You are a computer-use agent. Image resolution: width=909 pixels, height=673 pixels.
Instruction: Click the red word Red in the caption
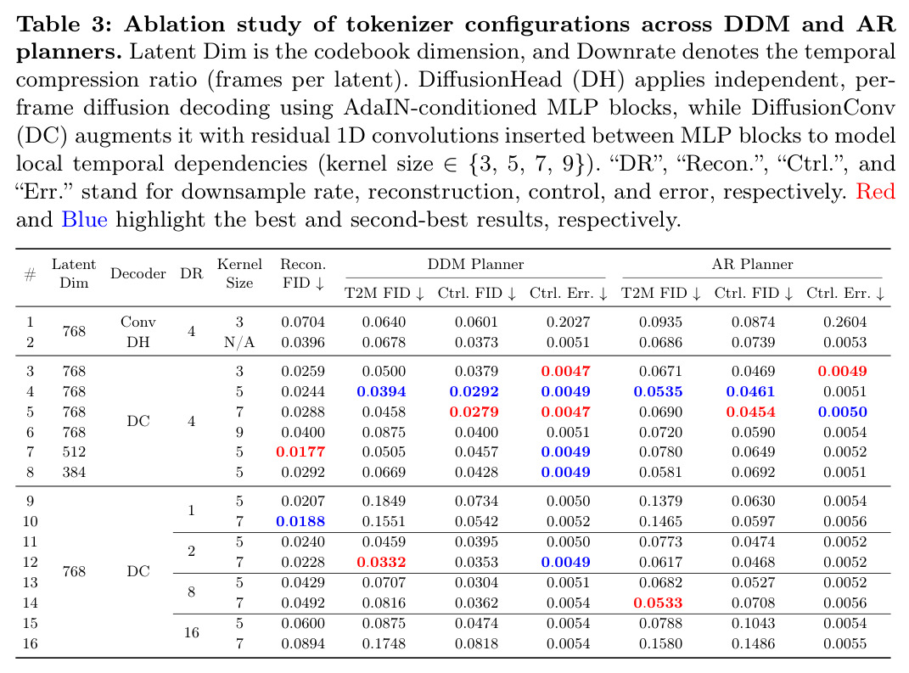click(875, 191)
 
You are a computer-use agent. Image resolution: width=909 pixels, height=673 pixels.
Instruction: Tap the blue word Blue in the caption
click(85, 219)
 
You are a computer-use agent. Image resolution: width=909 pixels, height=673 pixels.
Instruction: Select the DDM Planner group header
click(475, 264)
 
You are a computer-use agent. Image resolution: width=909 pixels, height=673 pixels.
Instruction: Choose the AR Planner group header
click(753, 264)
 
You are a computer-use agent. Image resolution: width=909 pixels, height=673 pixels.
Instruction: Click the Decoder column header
click(138, 273)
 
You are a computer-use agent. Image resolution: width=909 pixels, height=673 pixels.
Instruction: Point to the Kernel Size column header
click(239, 273)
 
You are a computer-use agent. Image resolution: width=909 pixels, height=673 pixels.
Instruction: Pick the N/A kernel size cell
click(239, 343)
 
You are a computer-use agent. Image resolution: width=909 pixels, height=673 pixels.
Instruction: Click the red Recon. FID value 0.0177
click(300, 451)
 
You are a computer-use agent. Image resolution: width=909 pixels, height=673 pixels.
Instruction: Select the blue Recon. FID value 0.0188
click(300, 521)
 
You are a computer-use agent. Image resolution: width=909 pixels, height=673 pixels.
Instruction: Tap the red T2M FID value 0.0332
click(381, 562)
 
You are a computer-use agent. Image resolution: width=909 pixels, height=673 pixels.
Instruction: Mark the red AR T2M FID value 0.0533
click(658, 603)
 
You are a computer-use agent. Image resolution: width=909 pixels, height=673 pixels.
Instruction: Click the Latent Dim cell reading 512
click(74, 451)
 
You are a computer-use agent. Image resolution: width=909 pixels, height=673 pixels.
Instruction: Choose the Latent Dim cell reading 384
click(74, 473)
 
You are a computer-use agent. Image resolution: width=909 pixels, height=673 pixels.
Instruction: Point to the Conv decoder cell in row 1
click(138, 322)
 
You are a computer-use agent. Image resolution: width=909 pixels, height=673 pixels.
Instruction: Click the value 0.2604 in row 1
click(845, 322)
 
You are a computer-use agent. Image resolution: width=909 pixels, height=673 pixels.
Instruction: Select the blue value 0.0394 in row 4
click(381, 391)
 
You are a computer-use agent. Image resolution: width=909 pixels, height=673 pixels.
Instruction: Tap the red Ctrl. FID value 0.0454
click(751, 412)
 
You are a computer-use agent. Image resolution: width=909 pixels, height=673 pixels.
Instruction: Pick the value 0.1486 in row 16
click(753, 643)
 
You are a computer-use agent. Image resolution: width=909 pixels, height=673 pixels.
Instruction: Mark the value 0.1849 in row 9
click(384, 501)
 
